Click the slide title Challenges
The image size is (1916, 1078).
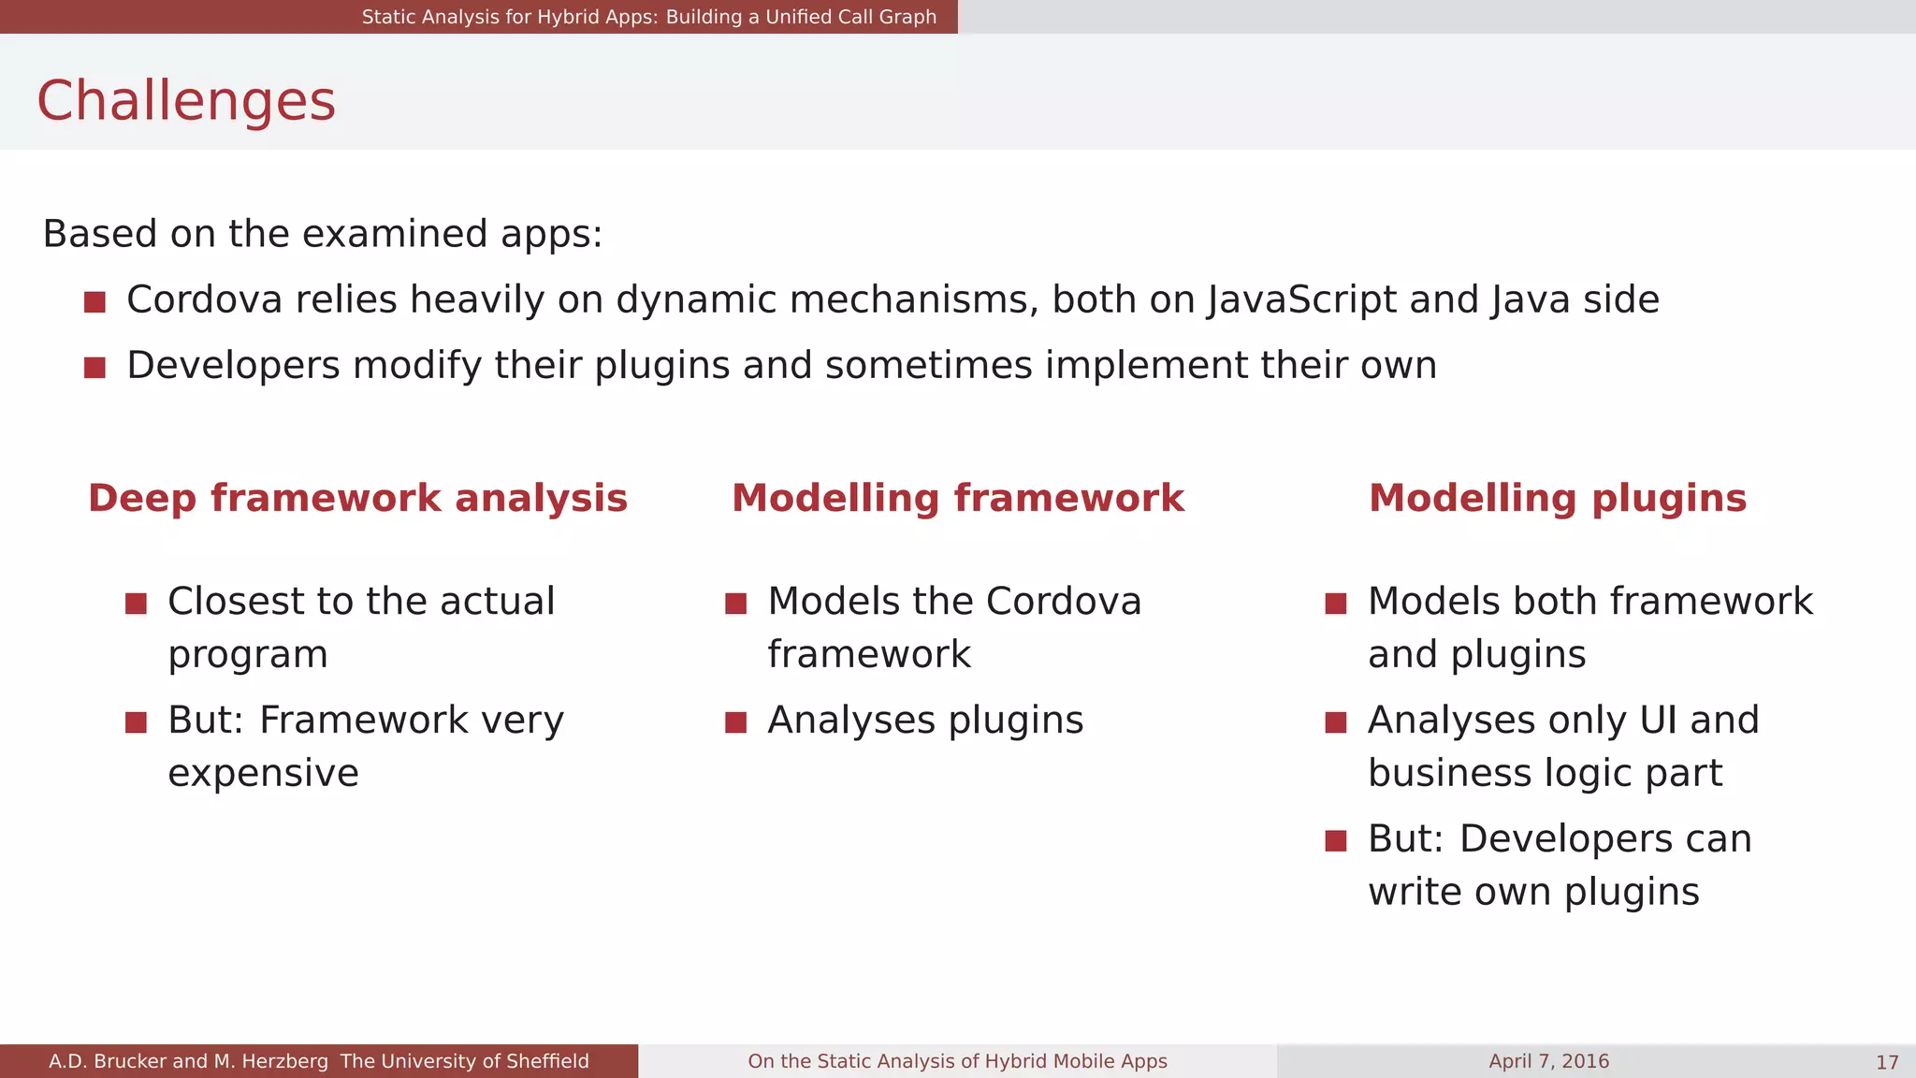(185, 101)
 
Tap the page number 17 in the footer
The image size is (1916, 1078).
(1886, 1062)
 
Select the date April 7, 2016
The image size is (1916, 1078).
(1548, 1061)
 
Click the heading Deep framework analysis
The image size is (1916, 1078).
(357, 498)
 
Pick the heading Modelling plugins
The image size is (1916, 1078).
(1557, 498)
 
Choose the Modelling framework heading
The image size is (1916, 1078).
(957, 498)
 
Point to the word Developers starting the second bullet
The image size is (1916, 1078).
(233, 366)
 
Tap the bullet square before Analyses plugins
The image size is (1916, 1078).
(735, 722)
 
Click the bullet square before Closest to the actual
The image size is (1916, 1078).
(136, 604)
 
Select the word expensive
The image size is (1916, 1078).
(263, 774)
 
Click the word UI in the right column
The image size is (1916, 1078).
(1658, 721)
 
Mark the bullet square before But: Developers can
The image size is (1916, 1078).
(1335, 841)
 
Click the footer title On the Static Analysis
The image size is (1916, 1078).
(957, 1061)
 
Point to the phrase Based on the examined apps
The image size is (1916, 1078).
(322, 234)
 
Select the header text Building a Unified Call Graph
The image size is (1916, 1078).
(801, 17)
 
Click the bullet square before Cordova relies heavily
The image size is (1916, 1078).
(94, 302)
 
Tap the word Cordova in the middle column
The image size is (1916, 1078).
(1063, 602)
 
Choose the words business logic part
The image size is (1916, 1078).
(1545, 774)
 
